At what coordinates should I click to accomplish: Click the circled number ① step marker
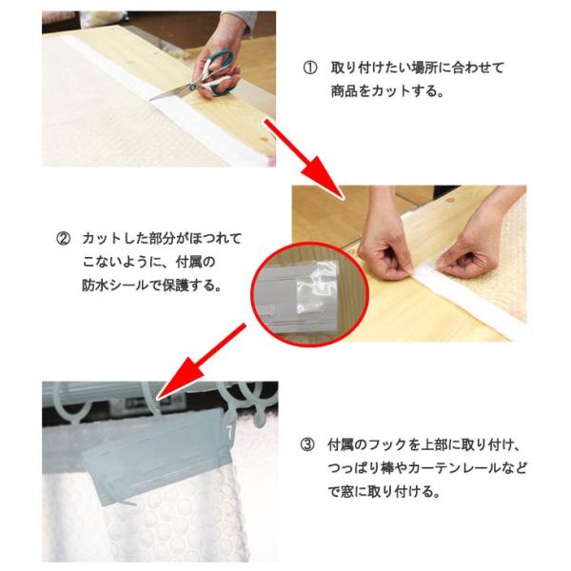(x=310, y=69)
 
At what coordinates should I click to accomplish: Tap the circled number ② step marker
(x=63, y=239)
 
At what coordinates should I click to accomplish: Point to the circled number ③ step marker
(x=307, y=444)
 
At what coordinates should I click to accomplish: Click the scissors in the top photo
(x=193, y=77)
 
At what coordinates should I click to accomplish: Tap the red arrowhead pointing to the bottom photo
(x=178, y=380)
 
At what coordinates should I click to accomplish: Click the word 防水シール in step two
(x=115, y=285)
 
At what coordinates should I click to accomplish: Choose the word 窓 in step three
(x=347, y=492)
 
